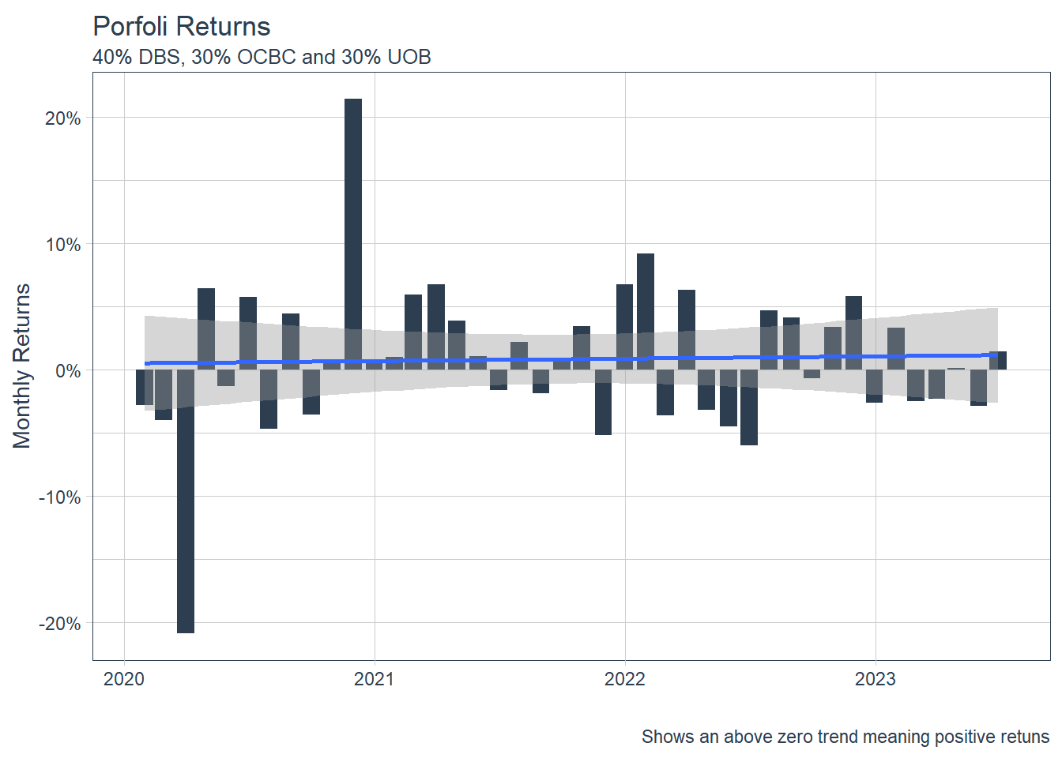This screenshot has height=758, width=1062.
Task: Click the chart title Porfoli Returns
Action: point(182,27)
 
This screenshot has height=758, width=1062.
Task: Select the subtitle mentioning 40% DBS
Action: point(262,58)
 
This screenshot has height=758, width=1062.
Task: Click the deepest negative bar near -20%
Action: point(186,505)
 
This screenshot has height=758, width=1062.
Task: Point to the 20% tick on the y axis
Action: point(63,118)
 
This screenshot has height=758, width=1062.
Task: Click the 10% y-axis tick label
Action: point(63,245)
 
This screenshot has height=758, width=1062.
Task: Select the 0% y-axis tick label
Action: point(68,371)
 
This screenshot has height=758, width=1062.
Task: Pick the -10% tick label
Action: point(60,497)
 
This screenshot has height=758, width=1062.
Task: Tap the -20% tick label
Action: point(60,624)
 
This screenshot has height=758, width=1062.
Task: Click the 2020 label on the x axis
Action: point(124,679)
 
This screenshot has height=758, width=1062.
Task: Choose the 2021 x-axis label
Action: point(375,679)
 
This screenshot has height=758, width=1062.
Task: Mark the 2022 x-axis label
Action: point(625,679)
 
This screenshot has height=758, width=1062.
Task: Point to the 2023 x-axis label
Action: point(876,679)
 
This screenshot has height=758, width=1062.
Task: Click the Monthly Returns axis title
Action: point(22,366)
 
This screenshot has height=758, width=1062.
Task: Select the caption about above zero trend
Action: point(845,737)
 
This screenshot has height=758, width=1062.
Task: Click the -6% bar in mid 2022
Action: point(749,411)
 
